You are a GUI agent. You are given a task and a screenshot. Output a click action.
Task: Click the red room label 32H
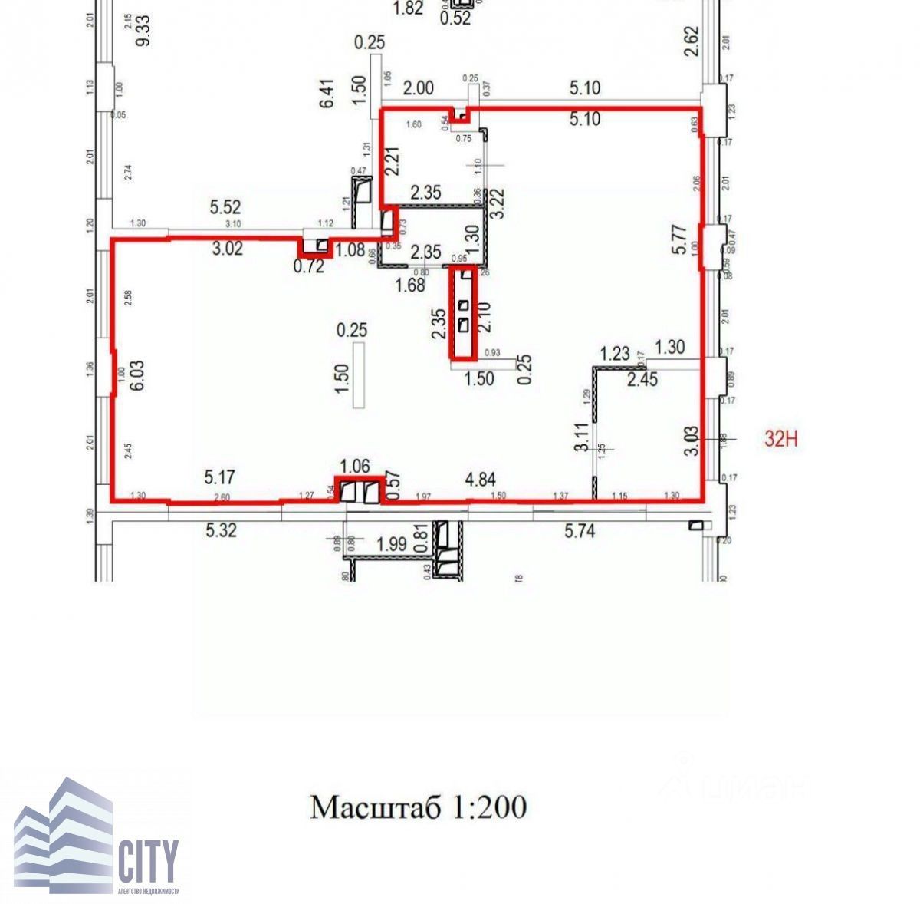tap(782, 438)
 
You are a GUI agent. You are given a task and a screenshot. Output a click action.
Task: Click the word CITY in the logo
tap(148, 860)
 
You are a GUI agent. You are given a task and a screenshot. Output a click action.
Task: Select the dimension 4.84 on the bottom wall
tap(481, 480)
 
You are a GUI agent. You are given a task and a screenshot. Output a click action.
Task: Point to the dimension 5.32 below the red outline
tap(220, 530)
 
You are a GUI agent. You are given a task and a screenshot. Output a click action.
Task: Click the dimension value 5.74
tap(580, 530)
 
